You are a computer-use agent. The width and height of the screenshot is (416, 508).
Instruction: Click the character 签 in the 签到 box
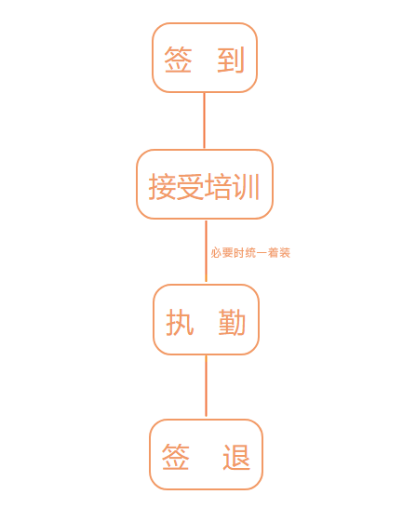tap(178, 60)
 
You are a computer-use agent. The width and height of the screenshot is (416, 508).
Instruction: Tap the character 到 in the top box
tap(231, 60)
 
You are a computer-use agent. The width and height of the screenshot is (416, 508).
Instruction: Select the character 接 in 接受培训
tap(162, 186)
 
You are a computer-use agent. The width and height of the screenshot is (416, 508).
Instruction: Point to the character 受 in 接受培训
tap(190, 186)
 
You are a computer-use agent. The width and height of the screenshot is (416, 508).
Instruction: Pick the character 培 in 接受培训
tap(218, 186)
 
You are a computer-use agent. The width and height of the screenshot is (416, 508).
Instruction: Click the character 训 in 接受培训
tap(245, 186)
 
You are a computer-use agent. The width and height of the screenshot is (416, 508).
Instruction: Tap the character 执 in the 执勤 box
tap(180, 322)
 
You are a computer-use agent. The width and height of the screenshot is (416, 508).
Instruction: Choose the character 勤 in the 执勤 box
tap(232, 322)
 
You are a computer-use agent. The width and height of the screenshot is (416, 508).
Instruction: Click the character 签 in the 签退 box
tap(176, 457)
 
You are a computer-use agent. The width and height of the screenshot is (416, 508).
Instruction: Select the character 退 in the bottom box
tap(236, 457)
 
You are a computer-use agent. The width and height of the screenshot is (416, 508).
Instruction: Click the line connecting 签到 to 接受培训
tap(204, 121)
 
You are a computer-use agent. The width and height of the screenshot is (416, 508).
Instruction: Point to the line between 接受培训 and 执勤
tap(206, 251)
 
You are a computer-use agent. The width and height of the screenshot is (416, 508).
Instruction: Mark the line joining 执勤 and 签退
tap(206, 386)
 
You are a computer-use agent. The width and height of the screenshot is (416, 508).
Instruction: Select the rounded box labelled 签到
tap(205, 24)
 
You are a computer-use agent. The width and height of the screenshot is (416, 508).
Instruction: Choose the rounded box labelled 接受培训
tap(205, 151)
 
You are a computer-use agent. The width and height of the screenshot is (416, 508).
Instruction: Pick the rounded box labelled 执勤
tap(206, 286)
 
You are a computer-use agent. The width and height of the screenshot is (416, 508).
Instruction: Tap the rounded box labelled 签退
tap(206, 421)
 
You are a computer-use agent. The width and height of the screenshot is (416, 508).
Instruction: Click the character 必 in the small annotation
tap(217, 253)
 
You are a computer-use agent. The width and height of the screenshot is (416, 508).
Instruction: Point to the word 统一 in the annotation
tap(256, 253)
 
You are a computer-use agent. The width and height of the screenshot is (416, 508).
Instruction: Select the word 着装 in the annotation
tap(279, 253)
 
